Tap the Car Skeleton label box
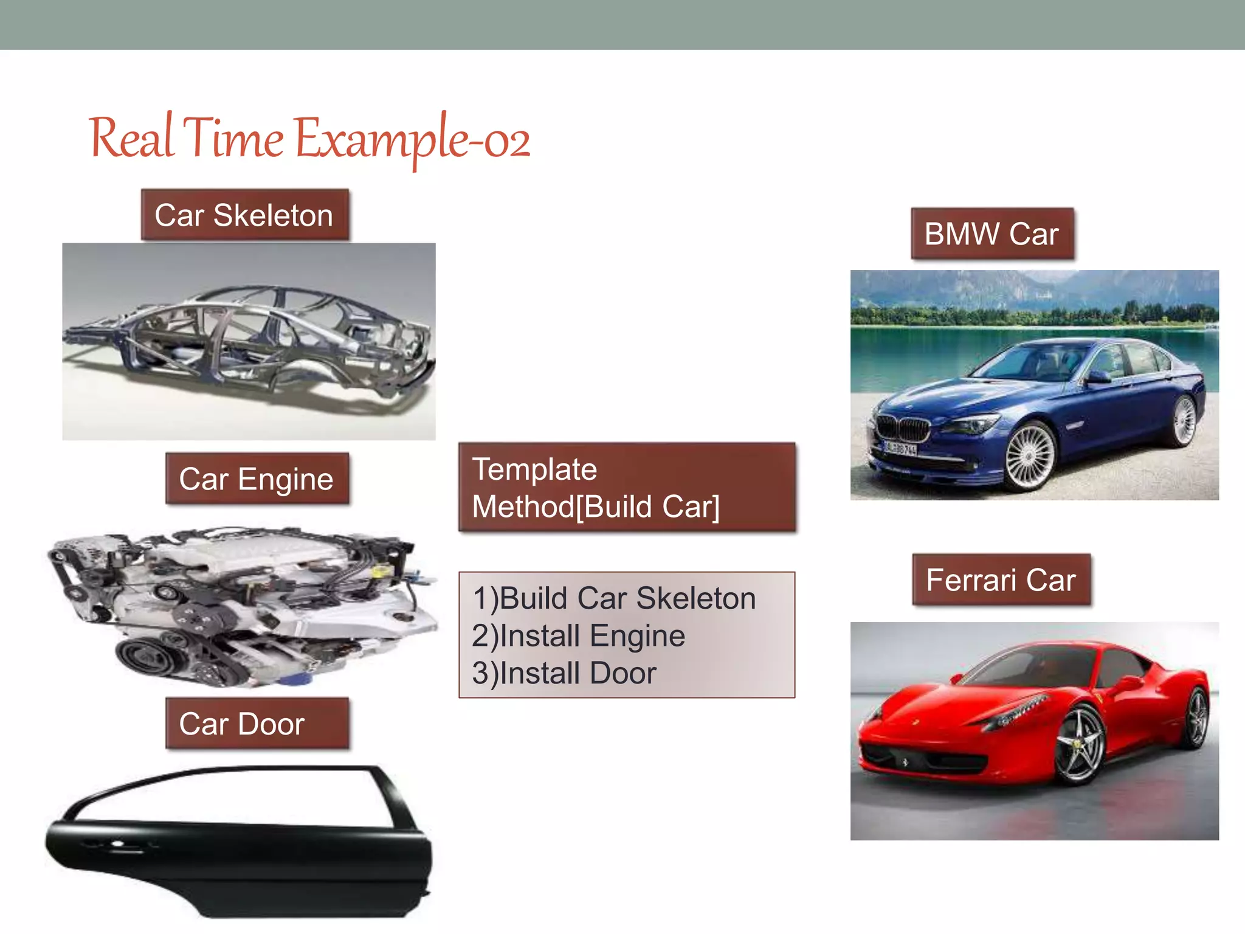point(244,215)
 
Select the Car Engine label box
point(257,479)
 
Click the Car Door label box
point(257,724)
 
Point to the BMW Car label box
point(992,234)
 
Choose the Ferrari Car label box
point(1001,579)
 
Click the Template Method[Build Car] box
point(626,488)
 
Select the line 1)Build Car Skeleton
point(614,598)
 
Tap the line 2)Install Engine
point(578,636)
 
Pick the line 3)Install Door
point(564,674)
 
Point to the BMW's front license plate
point(900,449)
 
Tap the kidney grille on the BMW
point(905,429)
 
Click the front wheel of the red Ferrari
point(1080,745)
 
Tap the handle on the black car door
point(117,844)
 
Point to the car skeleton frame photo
point(249,341)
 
